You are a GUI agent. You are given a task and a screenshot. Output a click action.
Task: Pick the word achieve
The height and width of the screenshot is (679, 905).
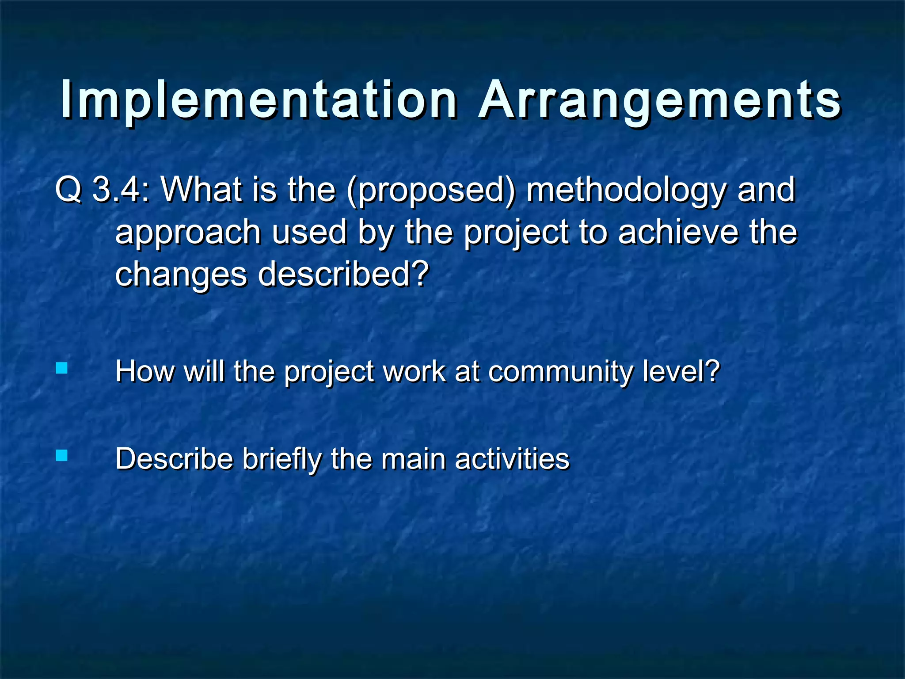tap(678, 232)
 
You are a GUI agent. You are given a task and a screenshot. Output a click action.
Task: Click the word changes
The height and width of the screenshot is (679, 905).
tap(180, 275)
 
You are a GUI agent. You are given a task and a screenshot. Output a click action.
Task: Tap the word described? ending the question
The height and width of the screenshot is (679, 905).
tap(343, 274)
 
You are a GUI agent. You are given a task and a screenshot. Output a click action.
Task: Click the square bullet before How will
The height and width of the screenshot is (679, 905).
tap(62, 368)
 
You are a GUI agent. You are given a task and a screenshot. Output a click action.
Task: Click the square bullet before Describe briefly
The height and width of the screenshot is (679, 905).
tap(62, 455)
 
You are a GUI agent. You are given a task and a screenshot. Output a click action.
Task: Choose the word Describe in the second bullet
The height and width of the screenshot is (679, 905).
tap(174, 458)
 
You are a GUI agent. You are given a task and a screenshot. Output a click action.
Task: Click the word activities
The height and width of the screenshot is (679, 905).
tap(512, 458)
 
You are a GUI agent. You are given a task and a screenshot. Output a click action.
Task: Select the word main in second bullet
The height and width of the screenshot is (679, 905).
tap(414, 458)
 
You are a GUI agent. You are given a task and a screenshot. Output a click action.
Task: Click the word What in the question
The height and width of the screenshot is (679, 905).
tap(201, 190)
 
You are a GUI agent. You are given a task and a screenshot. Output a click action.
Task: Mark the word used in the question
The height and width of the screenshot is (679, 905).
tap(309, 233)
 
